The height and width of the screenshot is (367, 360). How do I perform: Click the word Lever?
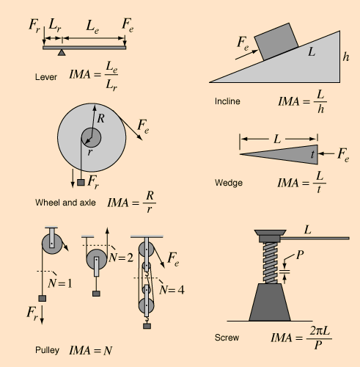[45, 76]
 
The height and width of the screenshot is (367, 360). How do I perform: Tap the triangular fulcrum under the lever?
[62, 53]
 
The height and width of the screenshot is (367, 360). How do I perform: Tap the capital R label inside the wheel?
[100, 117]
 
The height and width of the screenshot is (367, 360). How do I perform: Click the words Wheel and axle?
[66, 202]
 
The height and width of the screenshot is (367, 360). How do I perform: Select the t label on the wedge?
[313, 154]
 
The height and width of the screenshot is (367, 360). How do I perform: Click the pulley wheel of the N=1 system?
[51, 242]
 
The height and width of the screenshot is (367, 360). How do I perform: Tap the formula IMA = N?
[91, 350]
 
